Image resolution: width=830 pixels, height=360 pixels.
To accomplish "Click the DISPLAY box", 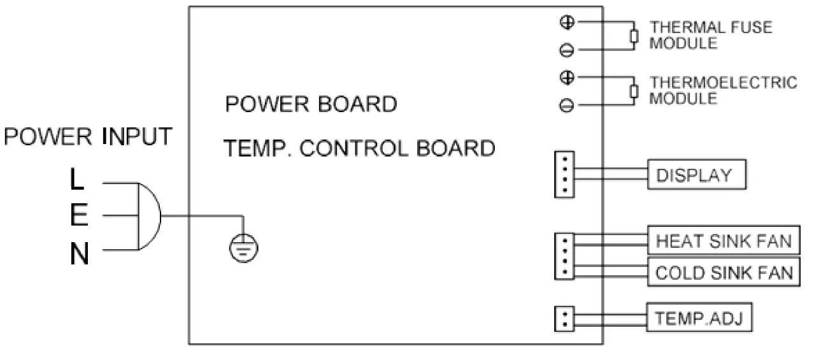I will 696,175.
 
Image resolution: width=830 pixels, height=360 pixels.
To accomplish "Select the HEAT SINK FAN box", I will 724,241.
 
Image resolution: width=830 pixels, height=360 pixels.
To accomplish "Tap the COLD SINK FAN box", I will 724,273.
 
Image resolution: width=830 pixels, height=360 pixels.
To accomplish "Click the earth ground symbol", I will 244,248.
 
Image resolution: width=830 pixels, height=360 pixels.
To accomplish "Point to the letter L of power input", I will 76,180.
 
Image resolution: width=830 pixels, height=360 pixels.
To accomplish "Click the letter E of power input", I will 78,217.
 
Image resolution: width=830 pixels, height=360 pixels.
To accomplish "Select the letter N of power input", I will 79,255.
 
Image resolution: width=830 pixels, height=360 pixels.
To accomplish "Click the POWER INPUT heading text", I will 88,137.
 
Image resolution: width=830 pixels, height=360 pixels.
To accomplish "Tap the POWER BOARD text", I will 311,104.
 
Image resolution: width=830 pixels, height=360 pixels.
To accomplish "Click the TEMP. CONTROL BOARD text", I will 359,148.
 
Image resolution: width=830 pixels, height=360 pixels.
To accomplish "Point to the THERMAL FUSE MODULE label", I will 710,35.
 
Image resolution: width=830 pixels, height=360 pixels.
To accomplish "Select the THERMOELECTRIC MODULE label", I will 722,90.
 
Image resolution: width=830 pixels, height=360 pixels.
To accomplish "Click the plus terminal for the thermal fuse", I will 566,22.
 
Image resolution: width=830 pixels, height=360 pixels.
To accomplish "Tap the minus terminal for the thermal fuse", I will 566,49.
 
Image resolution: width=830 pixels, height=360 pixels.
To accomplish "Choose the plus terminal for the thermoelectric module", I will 566,78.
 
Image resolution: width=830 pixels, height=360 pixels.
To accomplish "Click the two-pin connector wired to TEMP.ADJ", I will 564,318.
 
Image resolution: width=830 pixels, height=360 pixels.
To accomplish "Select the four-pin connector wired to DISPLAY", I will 564,175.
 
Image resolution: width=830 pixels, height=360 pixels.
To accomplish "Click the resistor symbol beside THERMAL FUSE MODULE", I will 633,36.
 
